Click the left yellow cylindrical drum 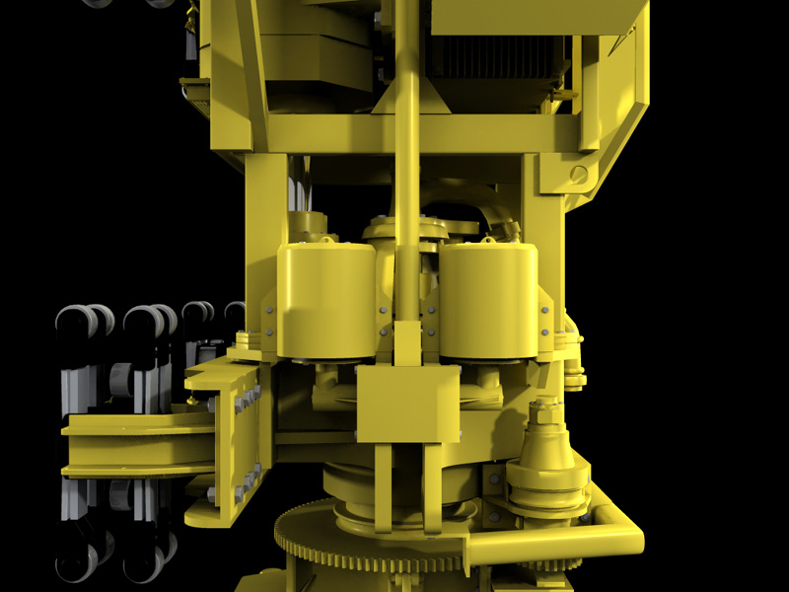(325, 301)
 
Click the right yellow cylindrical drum (488, 301)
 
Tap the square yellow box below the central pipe (407, 405)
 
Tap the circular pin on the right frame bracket (578, 175)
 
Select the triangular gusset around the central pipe (405, 100)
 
